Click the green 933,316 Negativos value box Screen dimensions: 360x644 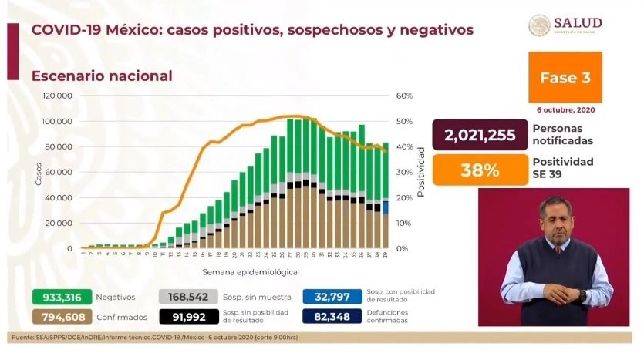click(x=62, y=297)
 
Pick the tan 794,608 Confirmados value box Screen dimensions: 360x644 click(x=62, y=315)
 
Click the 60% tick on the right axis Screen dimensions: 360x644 click(x=404, y=96)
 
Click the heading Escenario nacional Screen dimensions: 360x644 click(x=102, y=76)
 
